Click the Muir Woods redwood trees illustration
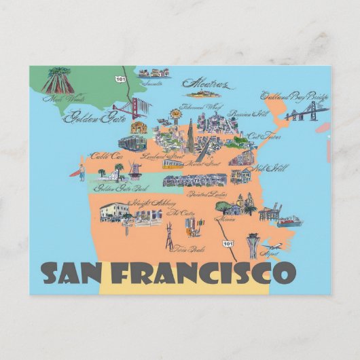tap(58, 79)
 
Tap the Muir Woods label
tap(56, 98)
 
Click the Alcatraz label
tap(206, 86)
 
